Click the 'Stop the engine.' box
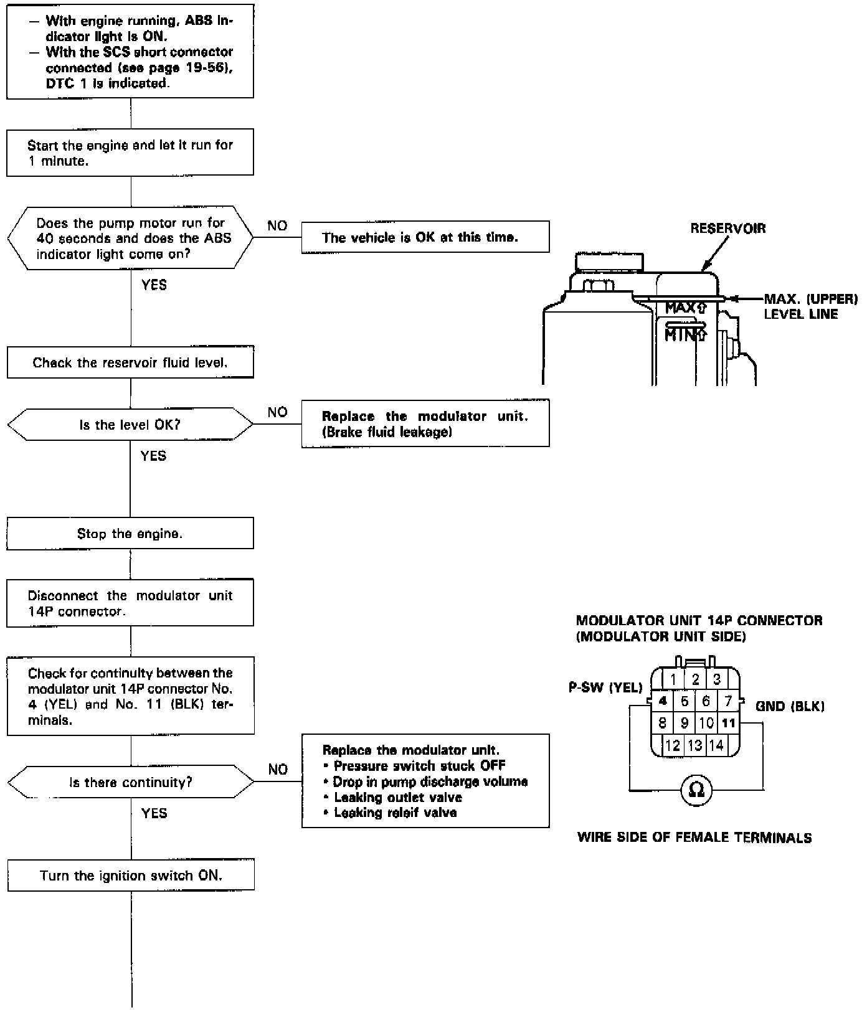tap(130, 534)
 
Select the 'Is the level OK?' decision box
tap(130, 425)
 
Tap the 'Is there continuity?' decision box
tap(130, 782)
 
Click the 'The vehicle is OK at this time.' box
tap(425, 237)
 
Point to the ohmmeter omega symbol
tap(697, 790)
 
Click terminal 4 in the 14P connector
tap(662, 701)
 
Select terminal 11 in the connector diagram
tap(728, 723)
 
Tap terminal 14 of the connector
tap(716, 745)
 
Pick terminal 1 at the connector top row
tap(673, 679)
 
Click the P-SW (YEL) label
tap(605, 687)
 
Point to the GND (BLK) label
tap(789, 706)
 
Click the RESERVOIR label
tap(727, 229)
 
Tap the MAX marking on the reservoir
tap(685, 308)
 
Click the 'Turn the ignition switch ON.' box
tap(131, 875)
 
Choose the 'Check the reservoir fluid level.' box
tap(130, 362)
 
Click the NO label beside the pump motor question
tap(277, 226)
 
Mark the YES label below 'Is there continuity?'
tap(154, 813)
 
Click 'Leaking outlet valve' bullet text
tap(398, 797)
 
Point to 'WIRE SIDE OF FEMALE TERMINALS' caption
tap(694, 838)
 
